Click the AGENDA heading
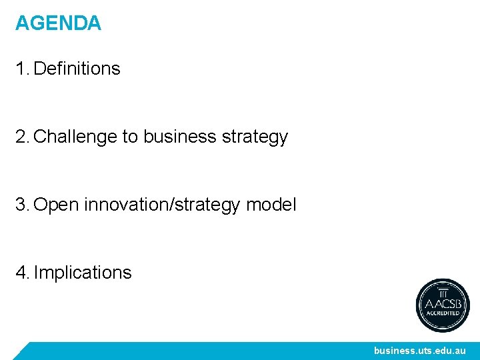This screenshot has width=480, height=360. tap(58, 23)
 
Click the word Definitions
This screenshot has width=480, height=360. tap(77, 69)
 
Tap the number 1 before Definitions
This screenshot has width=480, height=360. tap(21, 69)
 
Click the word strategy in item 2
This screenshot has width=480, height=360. tap(255, 137)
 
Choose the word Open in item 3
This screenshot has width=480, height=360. tap(56, 205)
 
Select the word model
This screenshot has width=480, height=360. tap(271, 205)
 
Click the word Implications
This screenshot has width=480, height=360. tap(83, 273)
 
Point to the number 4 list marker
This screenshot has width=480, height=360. tap(22, 273)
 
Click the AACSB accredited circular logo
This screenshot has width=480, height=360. tap(443, 305)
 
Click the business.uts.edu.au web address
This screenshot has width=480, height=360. tap(419, 351)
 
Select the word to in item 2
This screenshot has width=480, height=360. tap(129, 137)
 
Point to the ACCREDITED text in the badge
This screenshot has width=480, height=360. tap(443, 313)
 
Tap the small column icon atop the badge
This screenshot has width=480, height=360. tap(443, 292)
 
